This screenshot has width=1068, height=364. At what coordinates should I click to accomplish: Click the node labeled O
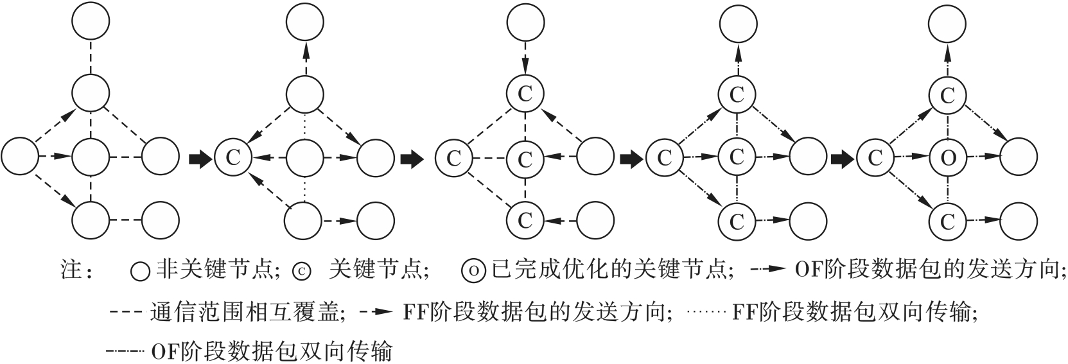pos(948,157)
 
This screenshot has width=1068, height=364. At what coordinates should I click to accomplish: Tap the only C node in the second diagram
pos(232,157)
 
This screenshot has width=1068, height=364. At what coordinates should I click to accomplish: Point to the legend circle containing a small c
pos(301,271)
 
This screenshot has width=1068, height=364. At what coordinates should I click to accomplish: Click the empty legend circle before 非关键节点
pos(141,271)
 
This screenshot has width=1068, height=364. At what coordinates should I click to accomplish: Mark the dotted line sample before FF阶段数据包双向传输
pos(706,313)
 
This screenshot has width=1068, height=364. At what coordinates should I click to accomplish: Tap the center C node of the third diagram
pos(525,157)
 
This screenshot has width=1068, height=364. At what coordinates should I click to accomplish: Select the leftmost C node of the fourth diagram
pos(664,157)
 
